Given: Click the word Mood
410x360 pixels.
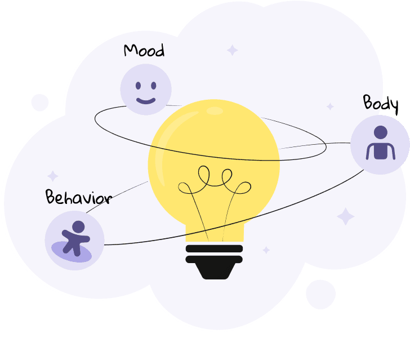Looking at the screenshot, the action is [x=144, y=51].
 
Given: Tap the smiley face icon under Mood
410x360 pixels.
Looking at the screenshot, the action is [x=145, y=90].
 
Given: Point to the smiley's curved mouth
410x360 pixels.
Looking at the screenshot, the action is [x=145, y=101].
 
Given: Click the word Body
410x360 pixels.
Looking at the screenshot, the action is [x=381, y=104].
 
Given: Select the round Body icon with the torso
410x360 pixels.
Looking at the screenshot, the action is [x=380, y=145].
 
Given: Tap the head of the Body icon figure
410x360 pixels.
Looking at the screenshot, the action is [x=381, y=132].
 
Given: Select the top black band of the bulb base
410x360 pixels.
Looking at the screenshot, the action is [x=214, y=248].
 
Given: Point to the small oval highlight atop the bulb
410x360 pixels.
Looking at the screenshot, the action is [x=215, y=111].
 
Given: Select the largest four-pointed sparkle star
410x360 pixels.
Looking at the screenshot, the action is [x=345, y=216].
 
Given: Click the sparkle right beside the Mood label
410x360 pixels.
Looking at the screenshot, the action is [x=232, y=50].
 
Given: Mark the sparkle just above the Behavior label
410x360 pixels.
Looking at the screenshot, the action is [x=53, y=176].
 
